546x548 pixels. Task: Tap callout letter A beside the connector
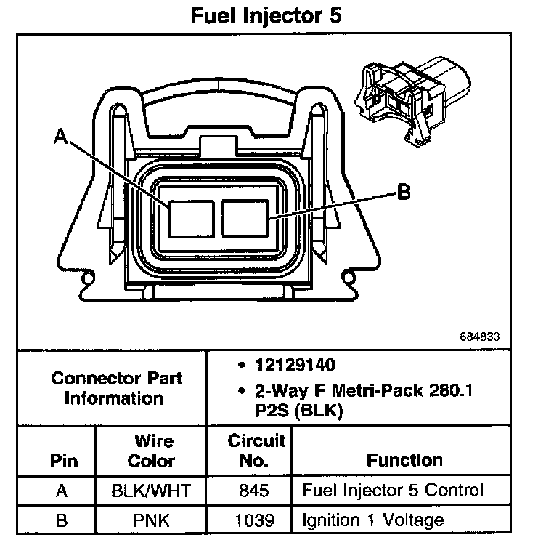(61, 136)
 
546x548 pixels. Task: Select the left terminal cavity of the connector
(190, 218)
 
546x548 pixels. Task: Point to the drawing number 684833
(480, 337)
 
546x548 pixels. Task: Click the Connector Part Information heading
(117, 388)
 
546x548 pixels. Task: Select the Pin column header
(63, 461)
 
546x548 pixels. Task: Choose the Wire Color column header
(153, 451)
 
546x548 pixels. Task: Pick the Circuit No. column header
(257, 451)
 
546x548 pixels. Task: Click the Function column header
(404, 460)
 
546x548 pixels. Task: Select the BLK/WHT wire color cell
(152, 491)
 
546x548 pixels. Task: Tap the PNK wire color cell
(152, 520)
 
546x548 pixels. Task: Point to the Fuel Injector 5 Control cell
(392, 491)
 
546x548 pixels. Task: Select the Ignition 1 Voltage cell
(372, 520)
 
